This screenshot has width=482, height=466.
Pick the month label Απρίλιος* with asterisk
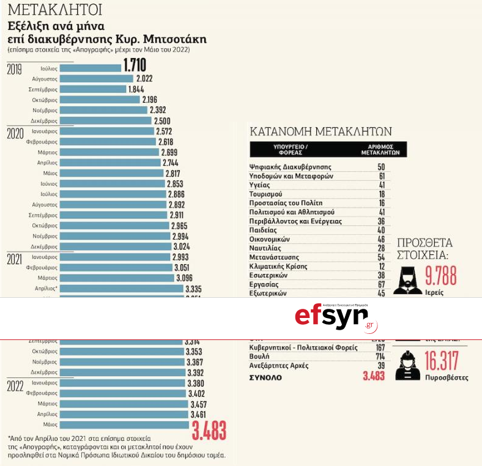point(47,287)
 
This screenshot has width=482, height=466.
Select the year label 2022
point(15,385)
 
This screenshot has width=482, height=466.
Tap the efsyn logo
point(336,317)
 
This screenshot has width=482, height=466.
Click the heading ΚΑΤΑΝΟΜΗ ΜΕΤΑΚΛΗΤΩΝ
point(321,131)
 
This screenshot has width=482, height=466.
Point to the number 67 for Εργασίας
point(380,284)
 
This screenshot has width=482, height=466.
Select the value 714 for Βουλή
point(380,356)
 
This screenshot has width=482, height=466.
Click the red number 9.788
point(440,276)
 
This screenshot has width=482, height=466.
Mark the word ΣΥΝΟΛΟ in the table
point(265,377)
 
